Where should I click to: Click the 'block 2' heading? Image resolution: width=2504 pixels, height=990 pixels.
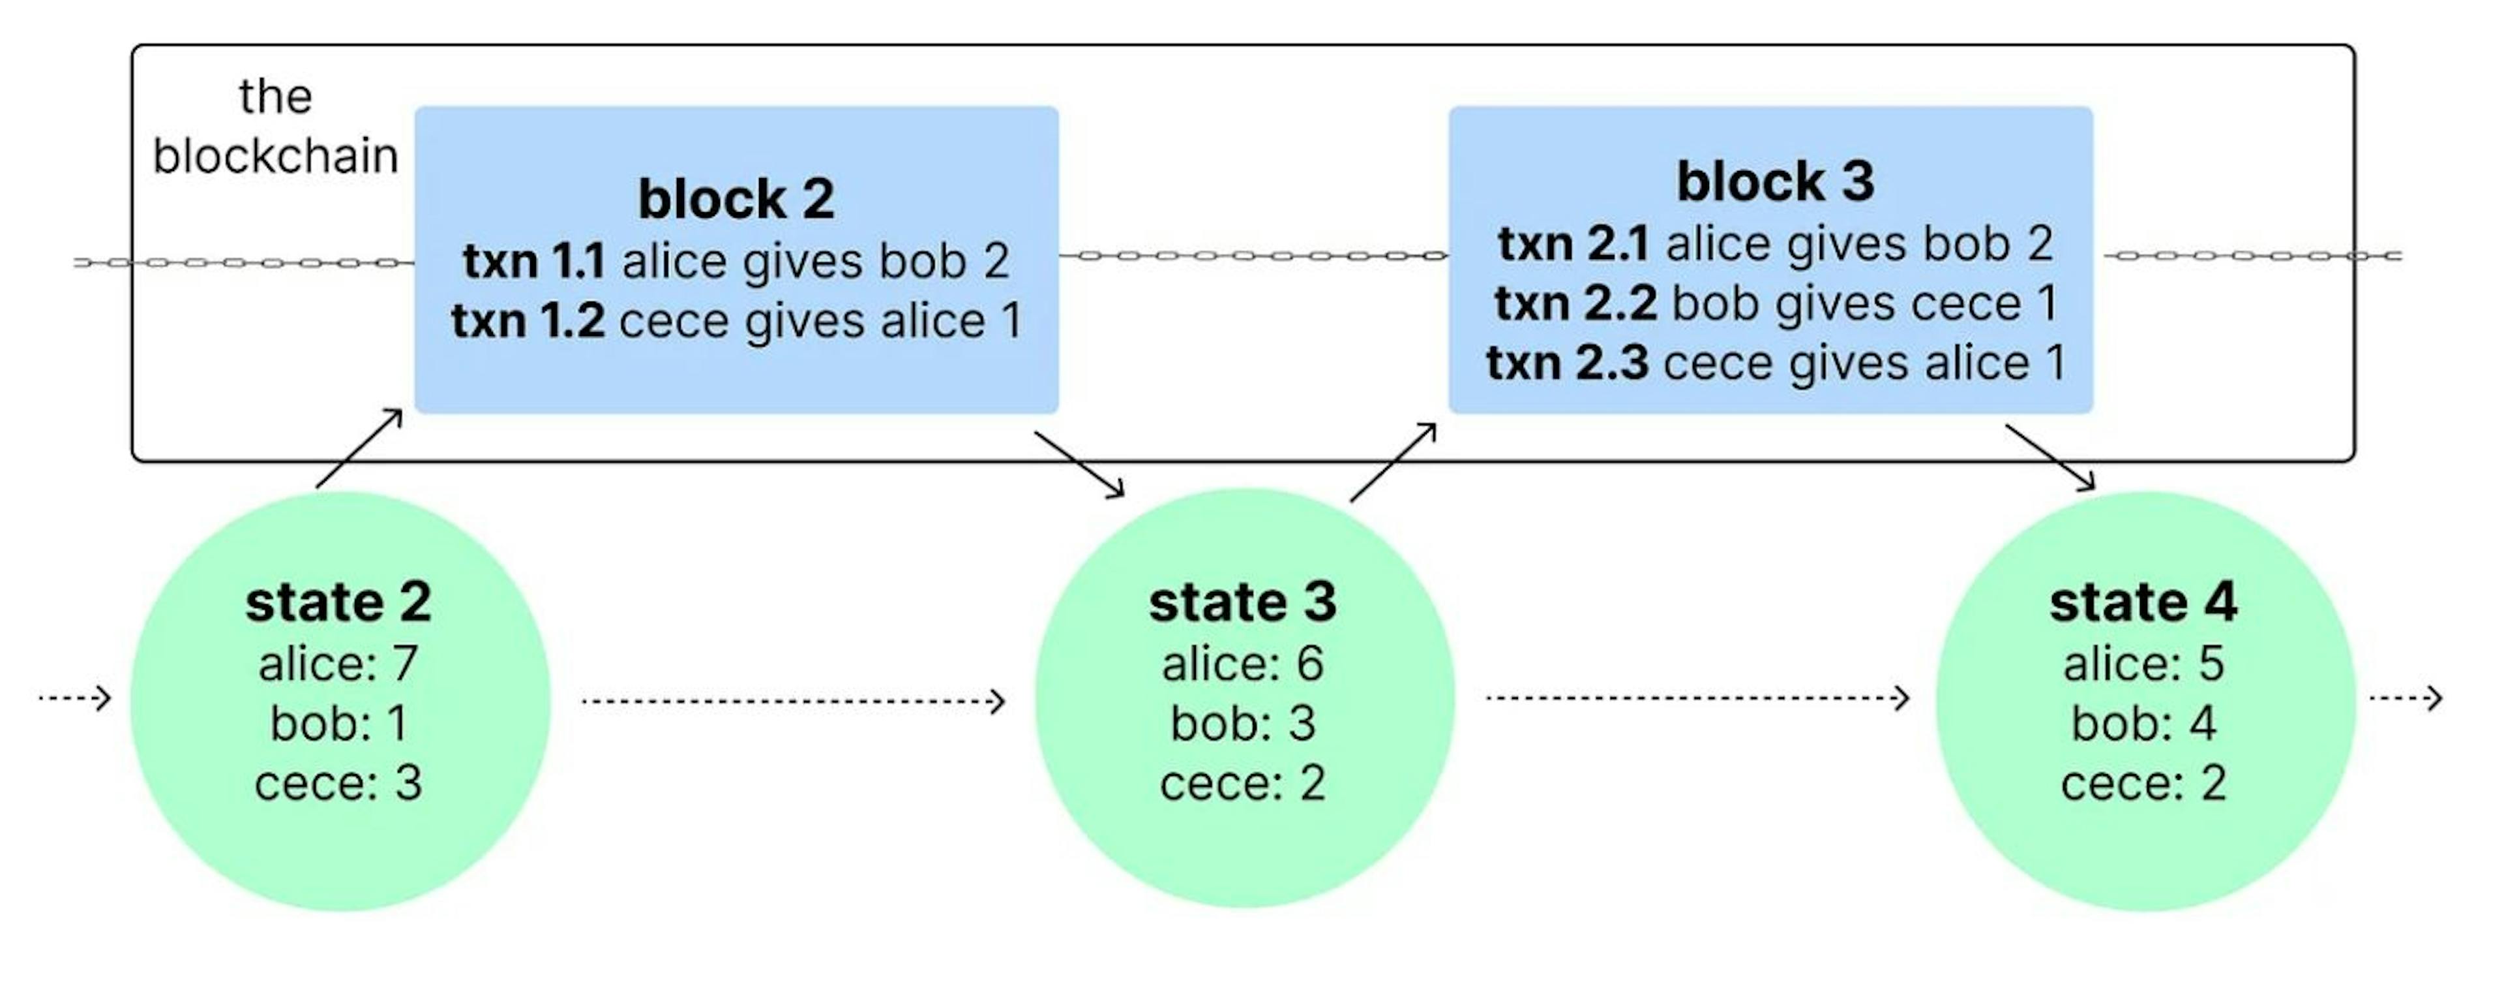pos(736,199)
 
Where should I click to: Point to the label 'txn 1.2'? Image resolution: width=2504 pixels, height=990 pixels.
pos(528,321)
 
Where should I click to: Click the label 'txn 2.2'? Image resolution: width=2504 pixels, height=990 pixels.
pos(1575,303)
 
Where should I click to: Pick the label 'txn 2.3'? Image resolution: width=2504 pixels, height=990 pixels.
pos(1567,363)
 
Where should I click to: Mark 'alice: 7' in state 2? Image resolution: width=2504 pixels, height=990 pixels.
pos(338,664)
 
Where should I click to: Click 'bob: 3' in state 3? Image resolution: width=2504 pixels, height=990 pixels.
pos(1242,724)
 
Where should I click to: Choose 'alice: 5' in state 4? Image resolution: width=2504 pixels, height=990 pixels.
pos(2143,664)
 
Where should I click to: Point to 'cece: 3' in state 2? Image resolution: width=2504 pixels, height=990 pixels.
pos(338,784)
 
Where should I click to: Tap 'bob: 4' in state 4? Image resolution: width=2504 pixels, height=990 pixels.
pos(2143,724)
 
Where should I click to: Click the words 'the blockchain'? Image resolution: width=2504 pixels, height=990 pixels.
pos(275,127)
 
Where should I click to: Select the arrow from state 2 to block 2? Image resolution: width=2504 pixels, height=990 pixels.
pos(359,448)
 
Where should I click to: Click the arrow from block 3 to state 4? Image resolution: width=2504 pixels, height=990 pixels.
pos(2049,457)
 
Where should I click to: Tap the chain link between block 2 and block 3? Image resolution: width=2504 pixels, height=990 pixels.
pos(1253,256)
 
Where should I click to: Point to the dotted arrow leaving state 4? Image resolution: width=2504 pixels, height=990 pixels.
pos(2406,698)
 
